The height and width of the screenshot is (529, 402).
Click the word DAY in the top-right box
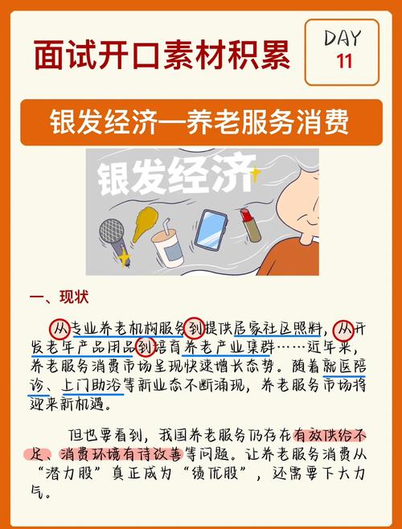[x=343, y=37]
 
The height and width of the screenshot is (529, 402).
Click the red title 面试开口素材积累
[x=162, y=54]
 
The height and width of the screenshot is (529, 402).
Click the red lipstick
[x=252, y=225]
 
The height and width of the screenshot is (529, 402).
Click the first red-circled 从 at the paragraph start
[x=58, y=328]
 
